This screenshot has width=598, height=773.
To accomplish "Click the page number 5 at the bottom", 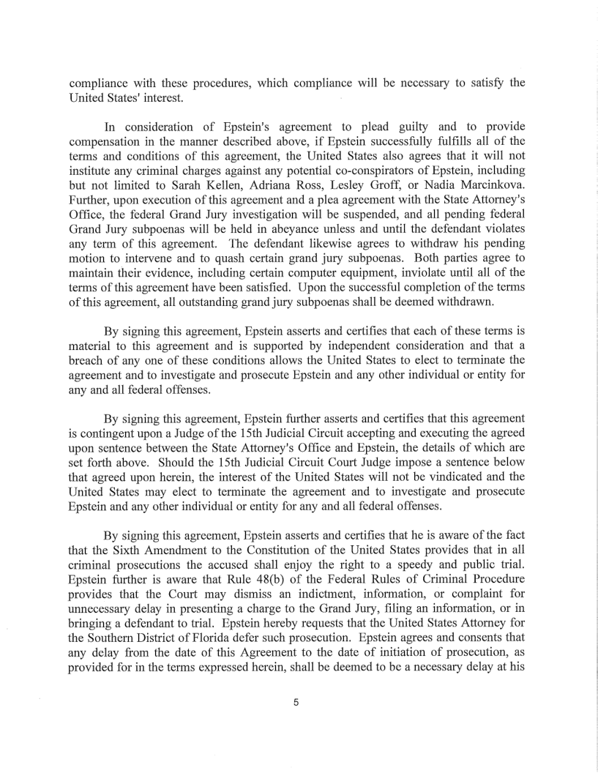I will pyautogui.click(x=296, y=703).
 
